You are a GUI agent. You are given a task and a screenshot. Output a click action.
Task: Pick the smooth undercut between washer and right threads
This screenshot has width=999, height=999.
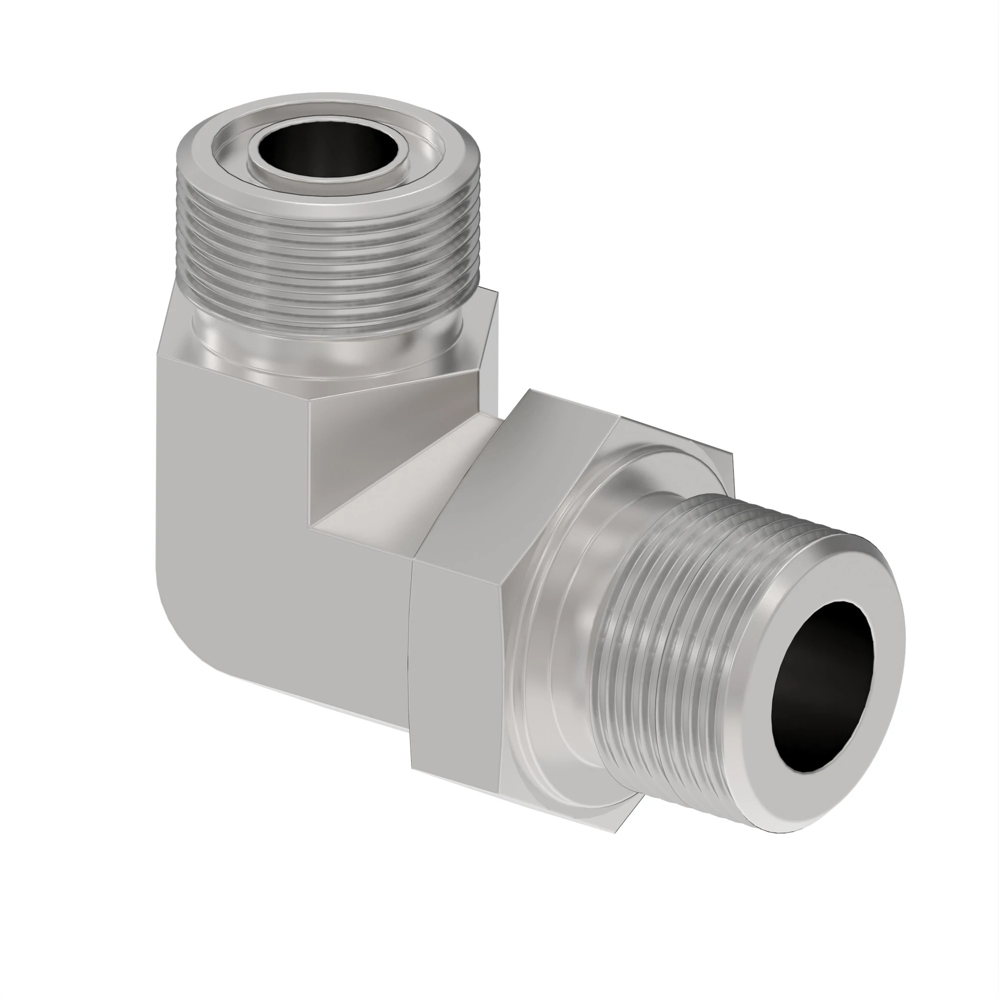click(594, 620)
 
